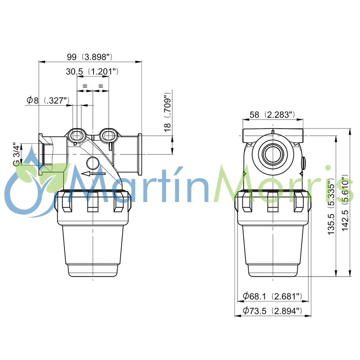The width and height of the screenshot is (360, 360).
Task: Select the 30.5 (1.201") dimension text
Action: click(92, 71)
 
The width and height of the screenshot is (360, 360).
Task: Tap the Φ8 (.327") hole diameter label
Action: click(48, 100)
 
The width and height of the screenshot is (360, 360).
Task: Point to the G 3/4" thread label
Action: click(16, 154)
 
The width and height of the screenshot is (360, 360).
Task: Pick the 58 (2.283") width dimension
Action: click(273, 115)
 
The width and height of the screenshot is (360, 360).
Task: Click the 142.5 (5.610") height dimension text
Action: click(345, 203)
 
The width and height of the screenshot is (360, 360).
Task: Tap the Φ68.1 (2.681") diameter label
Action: click(272, 296)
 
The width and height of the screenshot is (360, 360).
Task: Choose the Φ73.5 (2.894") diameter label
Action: click(272, 310)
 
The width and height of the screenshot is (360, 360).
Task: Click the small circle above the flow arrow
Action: click(93, 164)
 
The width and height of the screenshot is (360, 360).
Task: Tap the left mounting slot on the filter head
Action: click(77, 135)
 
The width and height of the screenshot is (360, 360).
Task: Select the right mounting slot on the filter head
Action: click(108, 135)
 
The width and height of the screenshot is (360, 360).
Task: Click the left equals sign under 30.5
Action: click(85, 87)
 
